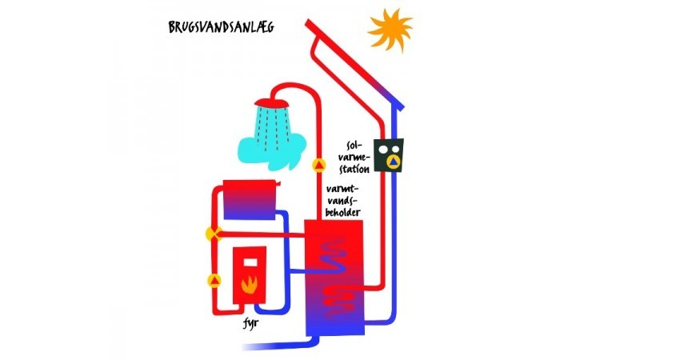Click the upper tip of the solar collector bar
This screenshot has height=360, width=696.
(x=308, y=21)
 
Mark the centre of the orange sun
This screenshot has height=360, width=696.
(x=390, y=30)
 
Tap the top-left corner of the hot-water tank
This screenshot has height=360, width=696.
(x=305, y=220)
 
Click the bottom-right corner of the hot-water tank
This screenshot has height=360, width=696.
(x=365, y=335)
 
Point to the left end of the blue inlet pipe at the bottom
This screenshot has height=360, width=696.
(x=242, y=346)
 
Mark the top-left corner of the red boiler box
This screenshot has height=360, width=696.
(x=234, y=246)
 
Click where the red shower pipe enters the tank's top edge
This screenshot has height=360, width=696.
(x=318, y=220)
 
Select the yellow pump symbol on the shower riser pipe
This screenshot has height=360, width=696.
(x=319, y=166)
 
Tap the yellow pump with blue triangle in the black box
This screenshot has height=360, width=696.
(x=392, y=162)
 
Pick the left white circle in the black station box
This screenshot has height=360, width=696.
(x=383, y=150)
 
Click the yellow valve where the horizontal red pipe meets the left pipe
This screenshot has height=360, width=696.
(x=214, y=234)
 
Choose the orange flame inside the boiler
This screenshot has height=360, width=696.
(x=250, y=284)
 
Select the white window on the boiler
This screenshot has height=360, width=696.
(x=250, y=262)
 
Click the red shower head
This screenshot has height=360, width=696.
(x=272, y=104)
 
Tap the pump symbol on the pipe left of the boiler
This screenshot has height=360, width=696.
(x=214, y=281)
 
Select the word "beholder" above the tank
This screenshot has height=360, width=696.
(x=342, y=212)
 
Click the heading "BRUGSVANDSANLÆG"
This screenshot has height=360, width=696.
(x=221, y=26)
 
